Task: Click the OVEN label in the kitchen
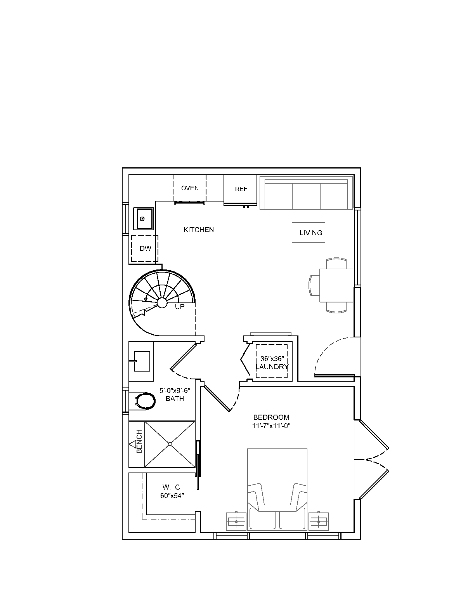point(190,188)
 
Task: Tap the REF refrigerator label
point(241,189)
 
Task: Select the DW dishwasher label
point(146,248)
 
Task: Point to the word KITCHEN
point(199,230)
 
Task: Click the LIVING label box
point(309,232)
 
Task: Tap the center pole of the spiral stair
point(162,302)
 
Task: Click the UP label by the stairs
point(180,307)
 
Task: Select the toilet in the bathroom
point(145,401)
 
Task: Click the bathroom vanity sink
point(142,361)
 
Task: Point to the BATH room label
point(175,399)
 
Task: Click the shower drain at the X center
point(170,444)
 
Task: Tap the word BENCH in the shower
point(139,441)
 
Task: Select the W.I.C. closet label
point(172,487)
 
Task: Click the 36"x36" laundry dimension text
point(272,359)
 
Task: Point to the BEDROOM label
point(271,417)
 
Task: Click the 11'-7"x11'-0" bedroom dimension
point(271,426)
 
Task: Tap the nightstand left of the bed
point(236,521)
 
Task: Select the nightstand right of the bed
point(319,521)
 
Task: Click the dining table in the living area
point(336,285)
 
